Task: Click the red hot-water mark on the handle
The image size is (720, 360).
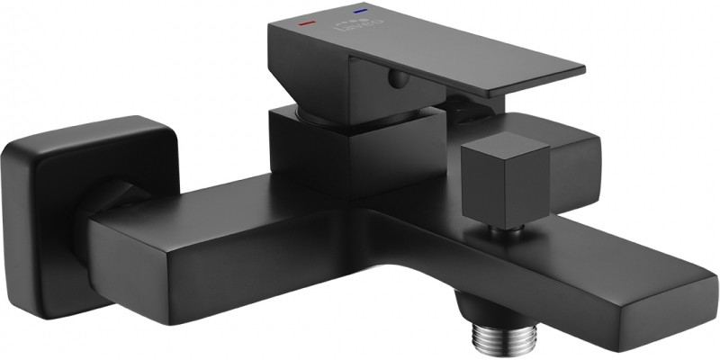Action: pos(307,19)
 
